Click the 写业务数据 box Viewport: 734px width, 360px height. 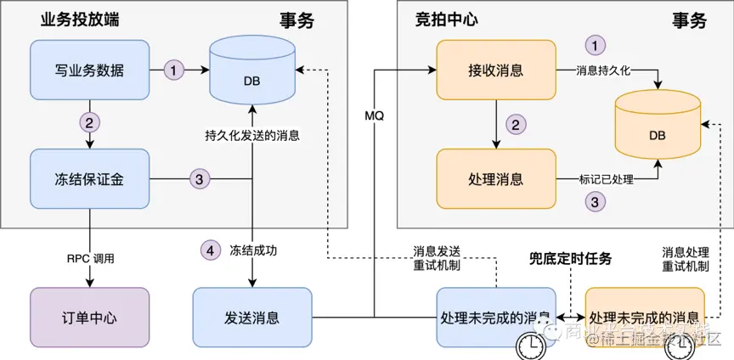[x=89, y=70]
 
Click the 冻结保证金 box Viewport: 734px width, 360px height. [x=89, y=179]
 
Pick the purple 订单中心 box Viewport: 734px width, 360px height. [x=89, y=318]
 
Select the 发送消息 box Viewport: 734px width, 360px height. [x=252, y=318]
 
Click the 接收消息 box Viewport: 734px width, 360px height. [x=495, y=70]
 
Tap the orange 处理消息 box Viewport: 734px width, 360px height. [x=495, y=179]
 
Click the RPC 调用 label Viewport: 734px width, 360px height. [x=89, y=258]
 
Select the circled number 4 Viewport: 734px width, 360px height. [x=209, y=250]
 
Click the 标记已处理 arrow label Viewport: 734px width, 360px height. [x=607, y=179]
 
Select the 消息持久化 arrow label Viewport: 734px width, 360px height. [x=603, y=70]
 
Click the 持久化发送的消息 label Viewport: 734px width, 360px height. [x=252, y=135]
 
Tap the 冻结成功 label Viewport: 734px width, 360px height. [x=252, y=250]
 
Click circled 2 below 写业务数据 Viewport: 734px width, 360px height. [x=89, y=122]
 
